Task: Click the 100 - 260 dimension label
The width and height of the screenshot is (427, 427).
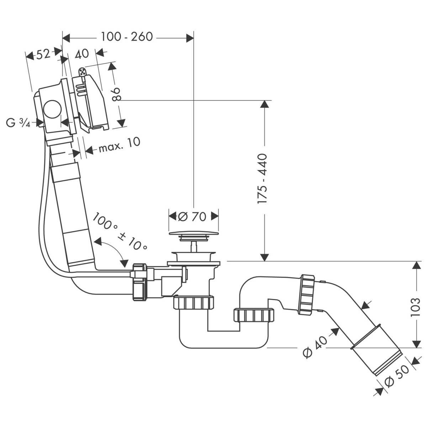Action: pos(127,36)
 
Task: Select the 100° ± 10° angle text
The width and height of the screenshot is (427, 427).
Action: pos(120,232)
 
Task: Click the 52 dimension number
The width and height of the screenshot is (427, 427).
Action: pos(43,54)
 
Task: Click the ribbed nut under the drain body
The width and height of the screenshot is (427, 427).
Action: pos(194,303)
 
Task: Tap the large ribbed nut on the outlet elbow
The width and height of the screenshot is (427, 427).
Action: pos(307,294)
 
